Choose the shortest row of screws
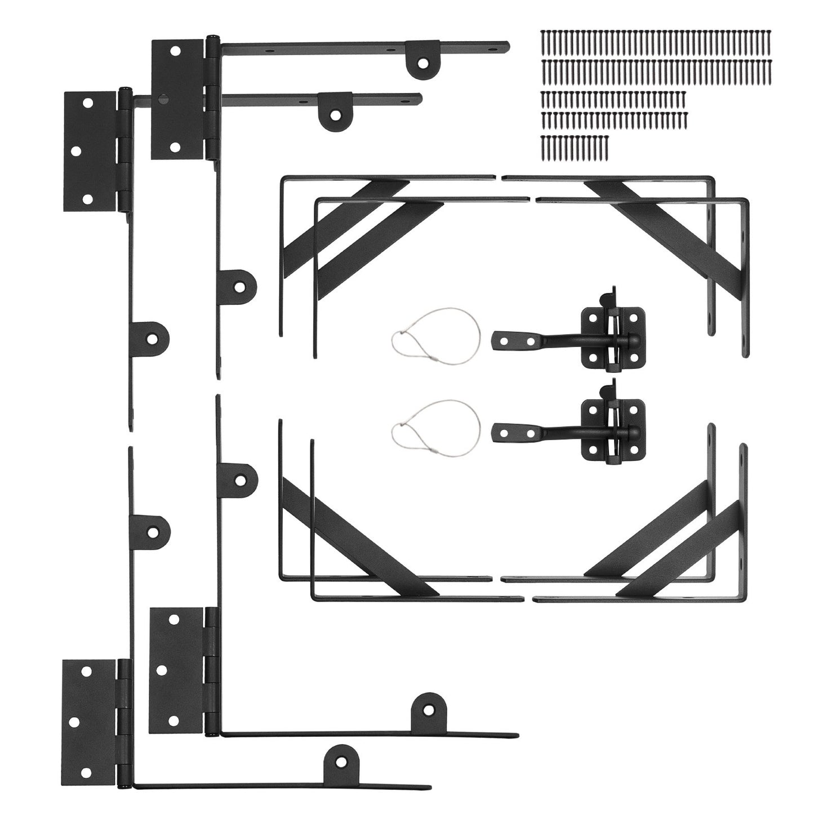(575, 145)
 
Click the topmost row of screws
(656, 42)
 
